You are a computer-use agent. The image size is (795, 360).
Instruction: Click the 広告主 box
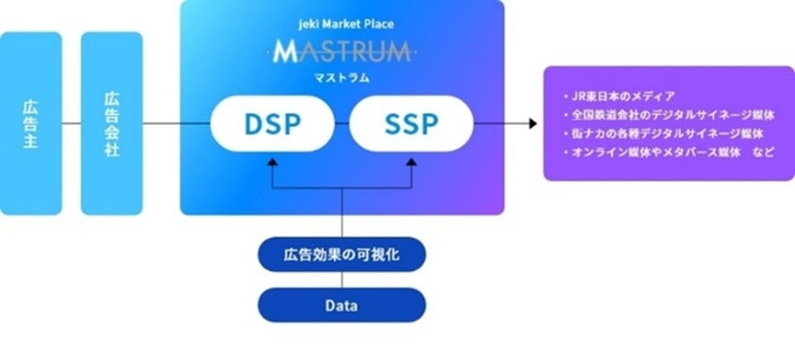[x=30, y=123]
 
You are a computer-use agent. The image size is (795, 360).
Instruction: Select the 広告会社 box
[x=112, y=123]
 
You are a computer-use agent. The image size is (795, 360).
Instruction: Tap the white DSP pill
[x=271, y=123]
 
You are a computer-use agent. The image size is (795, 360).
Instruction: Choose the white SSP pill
[x=412, y=123]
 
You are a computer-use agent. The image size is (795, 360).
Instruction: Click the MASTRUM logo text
[x=341, y=53]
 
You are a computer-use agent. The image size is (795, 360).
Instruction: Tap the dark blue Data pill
[x=342, y=305]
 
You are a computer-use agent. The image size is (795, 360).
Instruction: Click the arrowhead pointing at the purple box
[x=533, y=123]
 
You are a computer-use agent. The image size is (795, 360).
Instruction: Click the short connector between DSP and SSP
[x=341, y=123]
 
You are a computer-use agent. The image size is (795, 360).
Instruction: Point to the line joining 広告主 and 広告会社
[x=71, y=123]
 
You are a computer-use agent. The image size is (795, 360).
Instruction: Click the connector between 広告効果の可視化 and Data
[x=342, y=280]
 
